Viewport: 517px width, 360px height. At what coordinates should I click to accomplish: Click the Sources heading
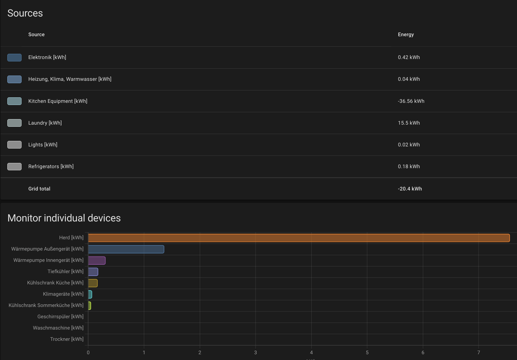click(25, 13)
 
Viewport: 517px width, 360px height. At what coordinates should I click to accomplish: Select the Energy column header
click(406, 35)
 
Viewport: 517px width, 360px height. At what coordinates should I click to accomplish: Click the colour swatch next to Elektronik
click(14, 57)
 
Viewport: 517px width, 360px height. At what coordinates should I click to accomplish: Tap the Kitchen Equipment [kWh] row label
click(58, 101)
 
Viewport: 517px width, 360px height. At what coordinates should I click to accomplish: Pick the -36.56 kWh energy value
click(411, 101)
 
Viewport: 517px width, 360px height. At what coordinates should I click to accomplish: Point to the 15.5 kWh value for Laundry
click(409, 123)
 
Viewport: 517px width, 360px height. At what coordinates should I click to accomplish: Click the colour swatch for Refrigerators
click(14, 167)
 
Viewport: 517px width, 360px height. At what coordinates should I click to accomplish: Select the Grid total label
click(39, 189)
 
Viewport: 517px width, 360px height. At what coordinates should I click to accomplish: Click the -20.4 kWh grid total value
click(410, 189)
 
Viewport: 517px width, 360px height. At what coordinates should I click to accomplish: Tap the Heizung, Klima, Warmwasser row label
click(70, 79)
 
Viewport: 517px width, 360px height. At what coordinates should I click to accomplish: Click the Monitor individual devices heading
click(64, 218)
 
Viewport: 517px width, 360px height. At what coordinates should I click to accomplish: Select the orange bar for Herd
click(299, 238)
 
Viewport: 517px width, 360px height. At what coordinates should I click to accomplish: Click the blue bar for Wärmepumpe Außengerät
click(126, 249)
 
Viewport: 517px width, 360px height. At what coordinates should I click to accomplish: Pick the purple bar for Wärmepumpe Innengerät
click(97, 261)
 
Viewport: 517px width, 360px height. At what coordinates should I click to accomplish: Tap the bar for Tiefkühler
click(93, 272)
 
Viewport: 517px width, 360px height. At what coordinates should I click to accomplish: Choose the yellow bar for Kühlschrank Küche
click(93, 283)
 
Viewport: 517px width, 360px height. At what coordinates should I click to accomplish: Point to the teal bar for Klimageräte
click(90, 294)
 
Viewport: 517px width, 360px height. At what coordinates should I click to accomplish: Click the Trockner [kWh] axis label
click(67, 339)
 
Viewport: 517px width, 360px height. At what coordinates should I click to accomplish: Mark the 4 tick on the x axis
click(311, 352)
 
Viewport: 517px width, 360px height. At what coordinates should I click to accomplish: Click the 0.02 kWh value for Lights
click(409, 145)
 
